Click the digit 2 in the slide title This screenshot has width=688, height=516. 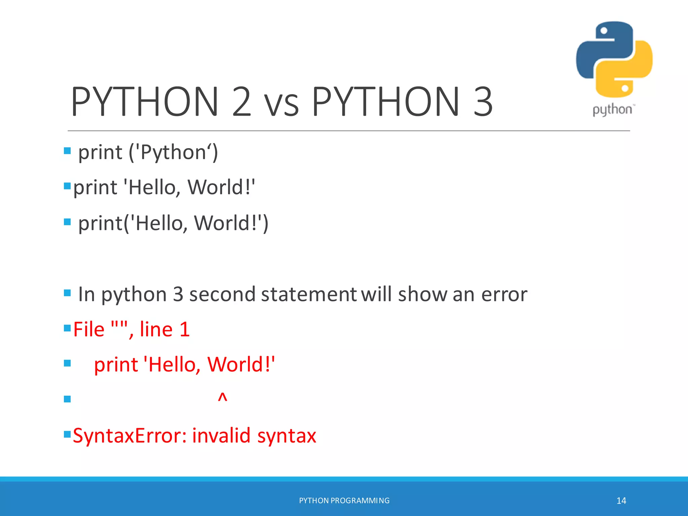coord(241,101)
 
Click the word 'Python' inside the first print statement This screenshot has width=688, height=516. coord(173,153)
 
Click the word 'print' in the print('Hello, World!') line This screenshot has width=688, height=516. coord(100,223)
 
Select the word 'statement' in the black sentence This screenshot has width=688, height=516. coord(308,295)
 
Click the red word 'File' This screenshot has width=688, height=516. coord(89,329)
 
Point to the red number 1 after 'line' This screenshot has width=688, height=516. coord(184,329)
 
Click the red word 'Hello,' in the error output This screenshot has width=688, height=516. coord(174,364)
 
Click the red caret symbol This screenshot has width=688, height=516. coord(222,397)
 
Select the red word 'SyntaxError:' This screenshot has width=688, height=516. coord(130,436)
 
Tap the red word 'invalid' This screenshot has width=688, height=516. coord(221,436)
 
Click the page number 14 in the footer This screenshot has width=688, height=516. coord(621,501)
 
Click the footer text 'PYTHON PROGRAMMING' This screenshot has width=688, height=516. coord(344,501)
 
